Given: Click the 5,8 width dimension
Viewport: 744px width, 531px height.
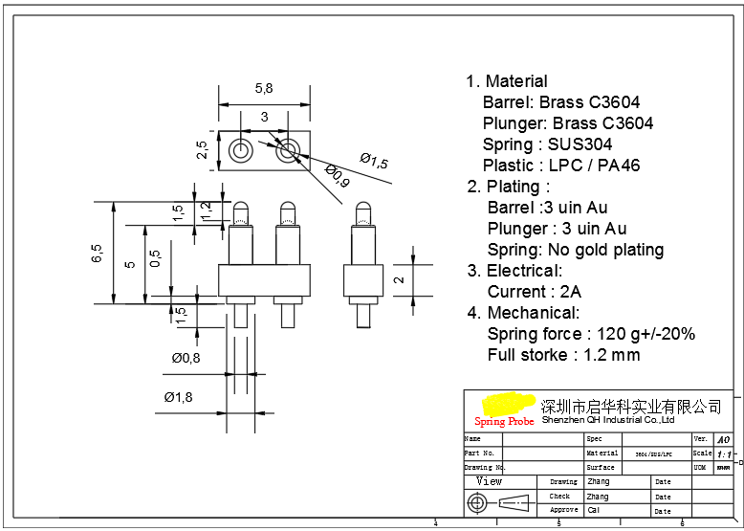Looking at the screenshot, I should [x=264, y=88].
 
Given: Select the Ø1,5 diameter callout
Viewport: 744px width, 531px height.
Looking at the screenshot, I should [x=374, y=161].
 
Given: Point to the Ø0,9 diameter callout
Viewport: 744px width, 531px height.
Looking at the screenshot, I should [x=337, y=176].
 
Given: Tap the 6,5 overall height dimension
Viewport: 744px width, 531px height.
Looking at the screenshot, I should [x=97, y=254].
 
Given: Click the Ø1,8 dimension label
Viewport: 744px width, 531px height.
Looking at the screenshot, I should [x=179, y=396].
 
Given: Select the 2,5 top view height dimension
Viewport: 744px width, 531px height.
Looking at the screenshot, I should [x=202, y=150].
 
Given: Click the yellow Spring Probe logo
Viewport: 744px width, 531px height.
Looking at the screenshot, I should [x=505, y=409].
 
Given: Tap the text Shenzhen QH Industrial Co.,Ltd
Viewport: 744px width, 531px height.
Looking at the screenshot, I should [x=608, y=420].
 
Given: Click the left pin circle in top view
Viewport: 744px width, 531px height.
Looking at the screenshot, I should [x=240, y=151].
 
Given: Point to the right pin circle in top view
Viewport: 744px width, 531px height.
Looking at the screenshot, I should [x=287, y=151].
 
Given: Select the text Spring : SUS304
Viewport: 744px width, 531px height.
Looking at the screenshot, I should [x=547, y=144].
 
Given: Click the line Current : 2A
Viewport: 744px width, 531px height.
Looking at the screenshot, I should [x=534, y=292].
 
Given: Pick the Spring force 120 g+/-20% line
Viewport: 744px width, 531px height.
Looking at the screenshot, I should [x=591, y=334].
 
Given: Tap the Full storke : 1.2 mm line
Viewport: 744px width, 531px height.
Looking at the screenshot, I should [x=563, y=355].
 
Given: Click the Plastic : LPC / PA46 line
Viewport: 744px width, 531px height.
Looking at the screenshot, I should [x=561, y=166].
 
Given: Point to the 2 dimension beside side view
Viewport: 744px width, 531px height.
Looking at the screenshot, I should [x=400, y=281].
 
